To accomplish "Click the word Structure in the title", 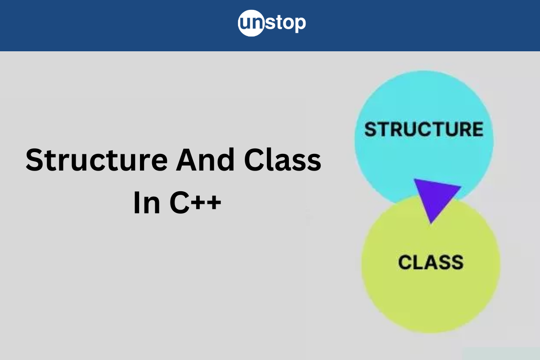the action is [97, 160].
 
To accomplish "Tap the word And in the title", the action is [205, 159].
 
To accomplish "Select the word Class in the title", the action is [283, 159].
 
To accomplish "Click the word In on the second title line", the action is [147, 202].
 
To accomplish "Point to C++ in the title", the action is [195, 202].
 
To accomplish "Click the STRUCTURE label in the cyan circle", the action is [424, 129].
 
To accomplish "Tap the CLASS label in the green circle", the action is [431, 262].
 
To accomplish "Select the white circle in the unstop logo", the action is [251, 23].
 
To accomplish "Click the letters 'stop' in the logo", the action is [285, 23].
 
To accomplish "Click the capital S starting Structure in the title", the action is [34, 160].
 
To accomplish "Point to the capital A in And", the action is [186, 159].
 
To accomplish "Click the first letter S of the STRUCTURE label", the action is [370, 129].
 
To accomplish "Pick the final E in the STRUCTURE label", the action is [477, 129].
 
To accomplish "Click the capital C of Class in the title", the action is [254, 159].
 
